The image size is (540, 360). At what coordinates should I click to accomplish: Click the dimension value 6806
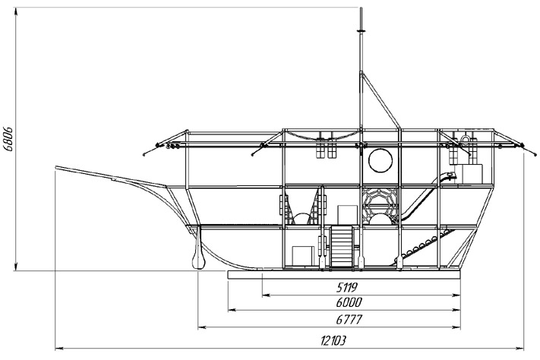(8, 139)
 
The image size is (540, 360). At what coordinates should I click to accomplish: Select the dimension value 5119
(347, 286)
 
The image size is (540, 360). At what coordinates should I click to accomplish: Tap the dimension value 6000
(349, 302)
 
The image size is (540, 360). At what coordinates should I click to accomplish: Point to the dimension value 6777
(349, 319)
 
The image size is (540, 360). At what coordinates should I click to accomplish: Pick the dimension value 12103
(333, 341)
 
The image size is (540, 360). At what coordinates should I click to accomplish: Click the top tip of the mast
(361, 8)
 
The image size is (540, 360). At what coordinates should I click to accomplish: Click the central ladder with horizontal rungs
(342, 246)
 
